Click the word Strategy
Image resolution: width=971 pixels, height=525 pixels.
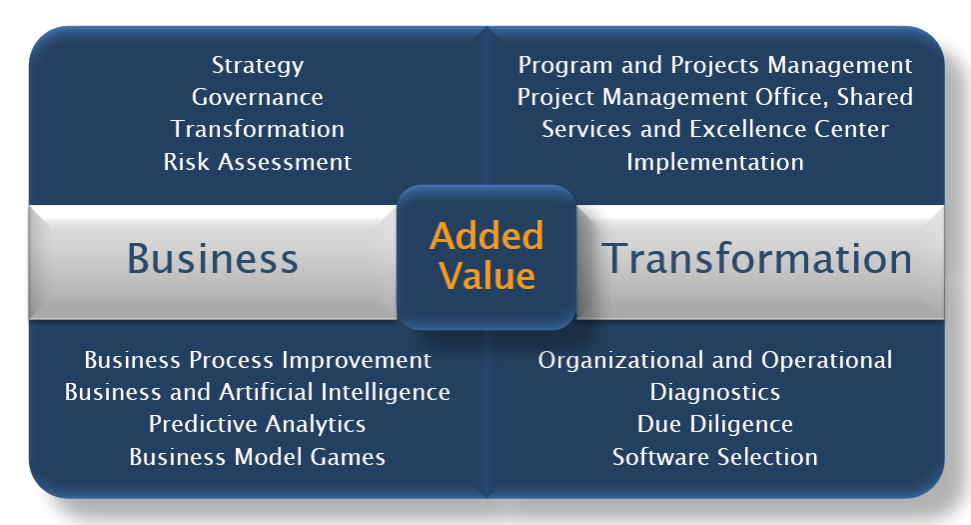tap(258, 66)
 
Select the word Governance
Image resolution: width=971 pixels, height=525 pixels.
tap(258, 97)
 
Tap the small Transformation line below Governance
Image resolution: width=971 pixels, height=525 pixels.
tap(258, 130)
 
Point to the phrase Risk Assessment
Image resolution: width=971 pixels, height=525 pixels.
tap(258, 162)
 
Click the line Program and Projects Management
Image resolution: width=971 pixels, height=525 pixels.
tap(715, 66)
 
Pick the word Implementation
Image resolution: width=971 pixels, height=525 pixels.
tap(715, 162)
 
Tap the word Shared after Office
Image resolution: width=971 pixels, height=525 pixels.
tap(874, 97)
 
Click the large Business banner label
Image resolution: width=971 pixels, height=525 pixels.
tap(213, 258)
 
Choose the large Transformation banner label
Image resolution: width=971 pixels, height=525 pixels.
tap(757, 258)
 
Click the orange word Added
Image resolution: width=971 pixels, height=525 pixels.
tap(486, 236)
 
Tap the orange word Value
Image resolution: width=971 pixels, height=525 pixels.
tap(486, 276)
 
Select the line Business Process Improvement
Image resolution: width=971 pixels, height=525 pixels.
tap(258, 361)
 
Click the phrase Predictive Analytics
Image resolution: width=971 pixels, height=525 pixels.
tap(258, 425)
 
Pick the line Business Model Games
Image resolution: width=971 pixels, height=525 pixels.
tap(258, 457)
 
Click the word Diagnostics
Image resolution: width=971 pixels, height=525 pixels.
tap(715, 393)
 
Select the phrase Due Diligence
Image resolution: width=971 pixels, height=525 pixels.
tap(715, 425)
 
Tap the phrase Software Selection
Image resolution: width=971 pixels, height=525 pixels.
tap(715, 457)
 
